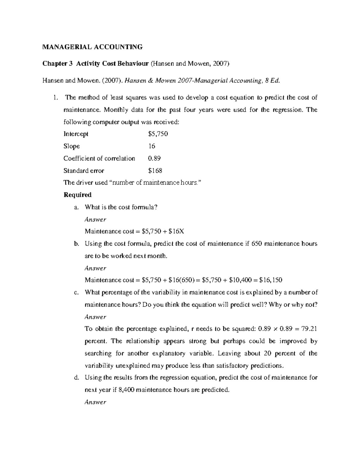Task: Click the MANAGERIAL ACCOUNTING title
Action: click(x=92, y=47)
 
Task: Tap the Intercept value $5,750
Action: click(x=158, y=134)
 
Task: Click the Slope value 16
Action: click(x=152, y=146)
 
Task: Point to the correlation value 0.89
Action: click(x=154, y=158)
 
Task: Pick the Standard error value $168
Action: click(x=155, y=171)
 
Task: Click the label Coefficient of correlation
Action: click(x=99, y=158)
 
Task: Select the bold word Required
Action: click(x=77, y=195)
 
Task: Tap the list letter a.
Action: click(x=76, y=207)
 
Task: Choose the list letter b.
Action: click(x=76, y=244)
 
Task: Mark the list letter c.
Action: click(x=76, y=293)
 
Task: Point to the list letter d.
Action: click(x=76, y=378)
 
